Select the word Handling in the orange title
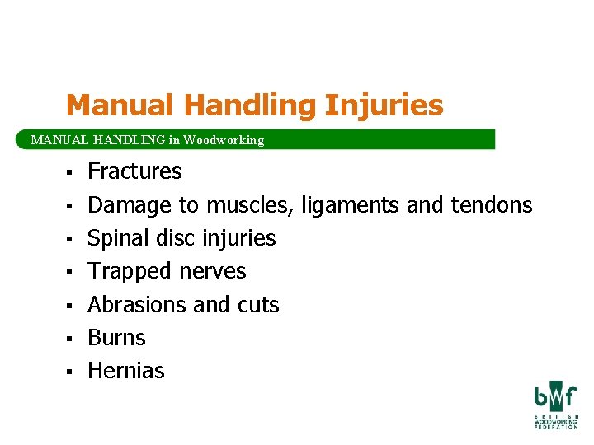[x=249, y=105]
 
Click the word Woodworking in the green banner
[x=224, y=140]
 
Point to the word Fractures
[x=134, y=171]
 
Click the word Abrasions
[x=137, y=305]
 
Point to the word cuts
[x=258, y=305]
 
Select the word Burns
[x=116, y=338]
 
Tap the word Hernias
[x=126, y=371]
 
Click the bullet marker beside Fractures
[x=72, y=172]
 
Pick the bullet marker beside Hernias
[x=72, y=372]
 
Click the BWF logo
[x=554, y=405]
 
